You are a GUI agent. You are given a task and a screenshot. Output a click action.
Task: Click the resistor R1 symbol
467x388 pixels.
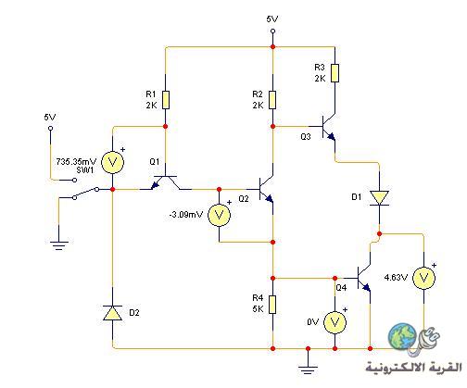click(x=166, y=100)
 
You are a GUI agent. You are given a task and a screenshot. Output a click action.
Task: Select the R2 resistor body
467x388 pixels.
click(x=272, y=100)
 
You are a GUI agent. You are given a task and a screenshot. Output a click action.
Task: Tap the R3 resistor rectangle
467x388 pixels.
click(x=334, y=73)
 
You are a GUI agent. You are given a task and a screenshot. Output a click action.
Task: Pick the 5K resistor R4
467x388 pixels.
click(x=272, y=305)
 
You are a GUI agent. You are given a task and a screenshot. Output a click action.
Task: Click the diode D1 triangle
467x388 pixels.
click(x=380, y=198)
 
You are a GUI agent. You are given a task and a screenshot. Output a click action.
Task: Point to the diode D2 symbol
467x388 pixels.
click(x=112, y=312)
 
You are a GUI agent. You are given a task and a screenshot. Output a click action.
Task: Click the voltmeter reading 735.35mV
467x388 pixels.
click(x=113, y=162)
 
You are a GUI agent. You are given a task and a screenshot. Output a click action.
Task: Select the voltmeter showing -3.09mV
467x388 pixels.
click(x=219, y=215)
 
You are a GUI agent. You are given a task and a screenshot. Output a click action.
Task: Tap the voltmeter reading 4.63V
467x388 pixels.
click(x=424, y=278)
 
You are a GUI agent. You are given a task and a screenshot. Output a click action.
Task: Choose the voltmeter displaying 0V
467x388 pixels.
click(x=334, y=322)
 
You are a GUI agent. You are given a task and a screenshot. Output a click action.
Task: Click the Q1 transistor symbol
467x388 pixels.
click(x=166, y=182)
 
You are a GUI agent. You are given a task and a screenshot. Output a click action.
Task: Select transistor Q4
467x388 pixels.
click(x=363, y=278)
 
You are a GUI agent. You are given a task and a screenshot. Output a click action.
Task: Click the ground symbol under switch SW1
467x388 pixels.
click(x=59, y=245)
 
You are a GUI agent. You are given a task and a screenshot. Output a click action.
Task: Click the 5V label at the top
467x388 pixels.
click(x=272, y=19)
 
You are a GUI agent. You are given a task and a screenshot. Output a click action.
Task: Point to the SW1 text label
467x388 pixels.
click(x=85, y=169)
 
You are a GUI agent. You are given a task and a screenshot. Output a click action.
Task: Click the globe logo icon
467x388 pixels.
click(x=402, y=336)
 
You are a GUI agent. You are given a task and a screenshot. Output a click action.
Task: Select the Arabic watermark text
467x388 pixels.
click(x=414, y=367)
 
